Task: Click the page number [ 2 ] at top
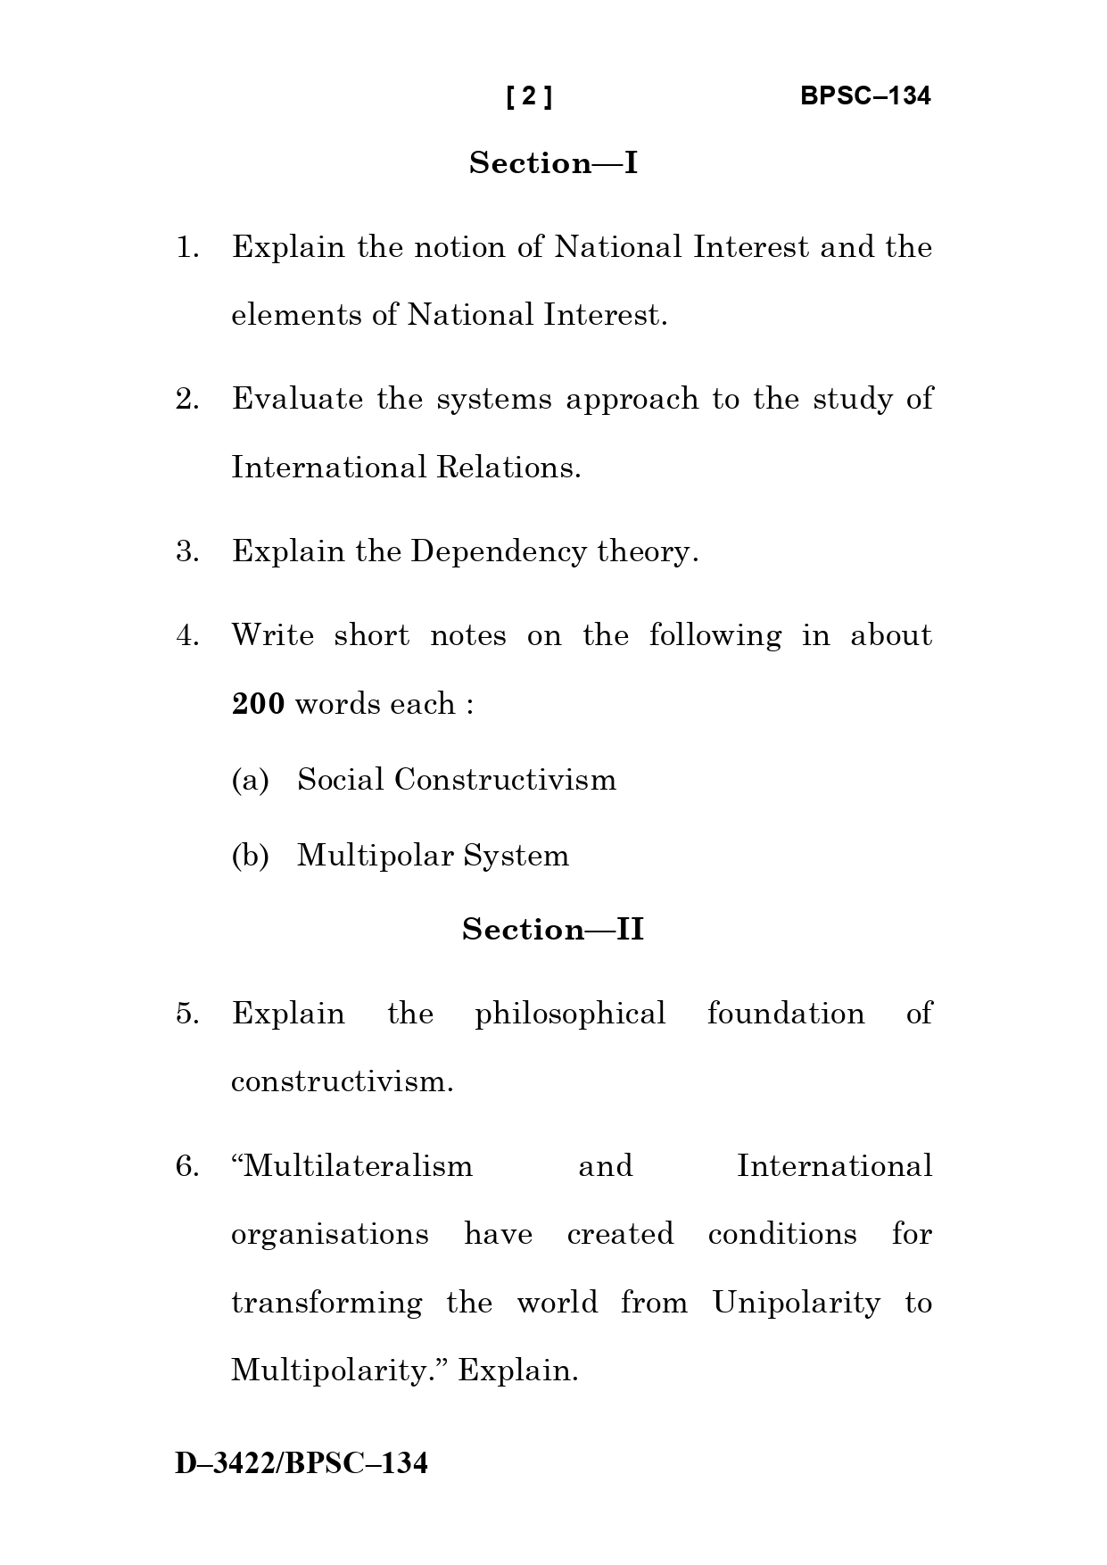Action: pyautogui.click(x=529, y=96)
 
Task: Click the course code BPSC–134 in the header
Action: pyautogui.click(x=864, y=96)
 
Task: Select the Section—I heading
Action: pyautogui.click(x=553, y=163)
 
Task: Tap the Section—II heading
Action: pyautogui.click(x=553, y=930)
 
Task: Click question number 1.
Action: pyautogui.click(x=186, y=247)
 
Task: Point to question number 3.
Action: pyautogui.click(x=186, y=551)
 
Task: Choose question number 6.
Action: pyautogui.click(x=186, y=1166)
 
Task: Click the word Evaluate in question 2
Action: pyautogui.click(x=297, y=399)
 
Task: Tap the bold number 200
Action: pyautogui.click(x=258, y=704)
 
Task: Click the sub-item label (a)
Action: pyautogui.click(x=250, y=780)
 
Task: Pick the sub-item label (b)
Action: pyautogui.click(x=250, y=856)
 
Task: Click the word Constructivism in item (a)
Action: pyautogui.click(x=505, y=780)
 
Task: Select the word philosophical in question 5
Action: pyautogui.click(x=570, y=1014)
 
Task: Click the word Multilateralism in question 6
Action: pyautogui.click(x=352, y=1166)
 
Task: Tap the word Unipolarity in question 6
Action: pyautogui.click(x=796, y=1303)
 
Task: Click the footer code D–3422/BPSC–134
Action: pyautogui.click(x=302, y=1464)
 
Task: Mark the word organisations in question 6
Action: pyautogui.click(x=329, y=1234)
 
